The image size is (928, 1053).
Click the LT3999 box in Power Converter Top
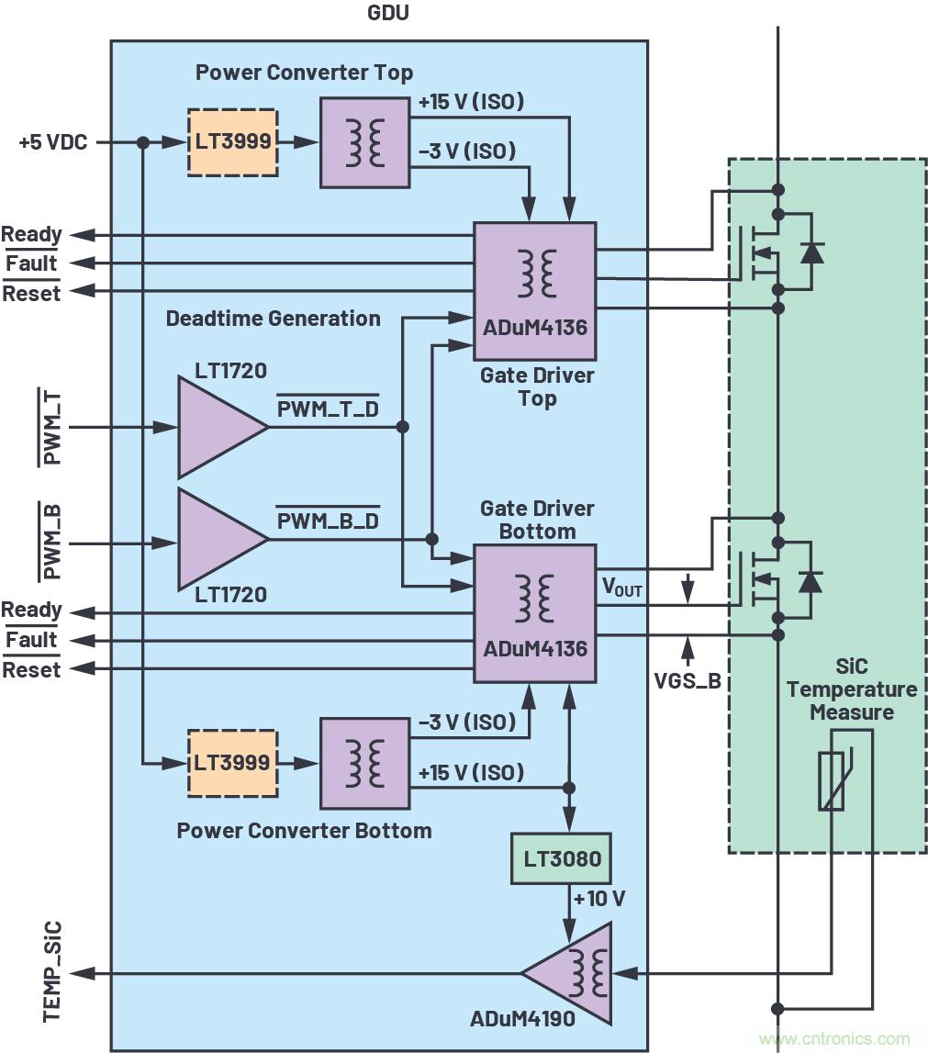pyautogui.click(x=232, y=142)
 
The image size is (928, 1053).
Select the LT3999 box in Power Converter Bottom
pyautogui.click(x=232, y=762)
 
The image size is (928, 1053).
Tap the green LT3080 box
pyautogui.click(x=561, y=859)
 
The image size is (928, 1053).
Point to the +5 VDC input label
pyautogui.click(x=53, y=142)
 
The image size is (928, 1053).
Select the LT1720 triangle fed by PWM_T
pyautogui.click(x=218, y=427)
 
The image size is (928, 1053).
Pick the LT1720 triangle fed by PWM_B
pyautogui.click(x=218, y=539)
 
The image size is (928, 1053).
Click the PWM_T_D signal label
pyautogui.click(x=328, y=409)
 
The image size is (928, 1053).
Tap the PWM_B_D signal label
pyautogui.click(x=328, y=521)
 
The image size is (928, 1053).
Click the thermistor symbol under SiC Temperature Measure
pyautogui.click(x=833, y=780)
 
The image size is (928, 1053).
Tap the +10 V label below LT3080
pyautogui.click(x=598, y=899)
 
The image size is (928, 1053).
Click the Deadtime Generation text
pyautogui.click(x=273, y=319)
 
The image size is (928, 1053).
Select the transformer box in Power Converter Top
pyautogui.click(x=364, y=142)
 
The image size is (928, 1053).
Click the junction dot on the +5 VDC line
pyautogui.click(x=143, y=142)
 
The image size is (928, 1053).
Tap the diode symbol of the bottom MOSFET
pyautogui.click(x=811, y=580)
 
